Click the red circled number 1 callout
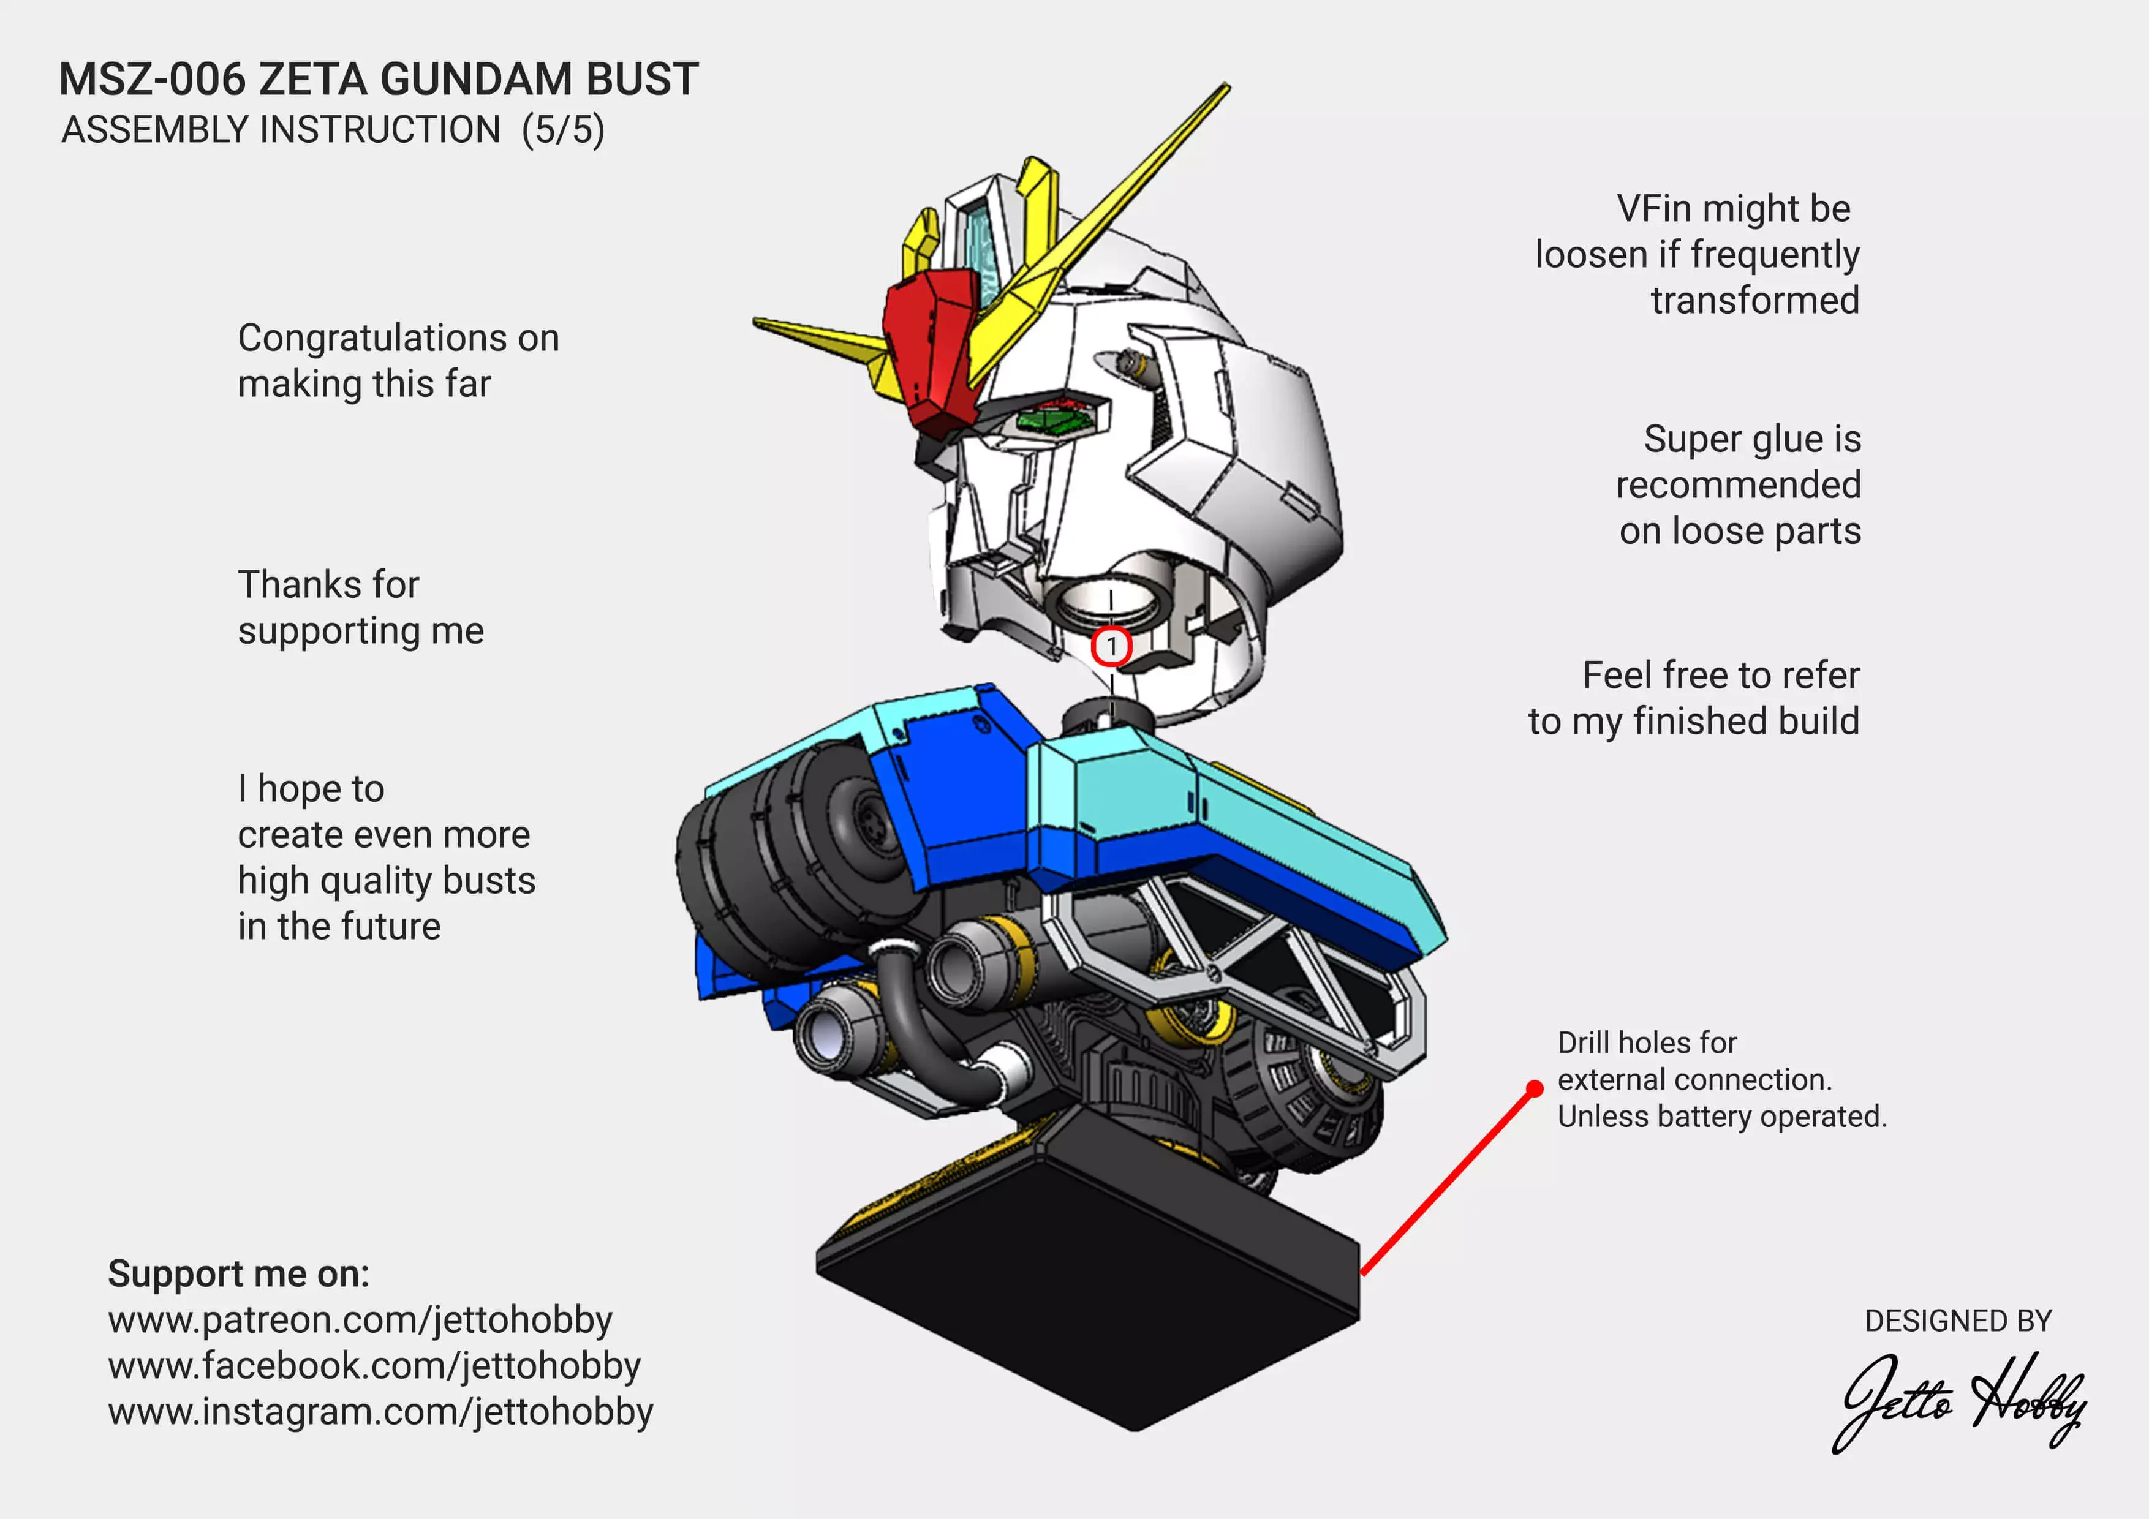pos(1111,646)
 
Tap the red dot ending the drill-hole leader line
pos(1535,1088)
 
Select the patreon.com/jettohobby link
pos(360,1321)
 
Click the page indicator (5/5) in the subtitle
pos(564,129)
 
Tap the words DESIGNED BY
pos(1958,1321)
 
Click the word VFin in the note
pos(1655,209)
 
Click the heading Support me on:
pos(239,1274)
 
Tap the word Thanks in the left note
pos(298,585)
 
